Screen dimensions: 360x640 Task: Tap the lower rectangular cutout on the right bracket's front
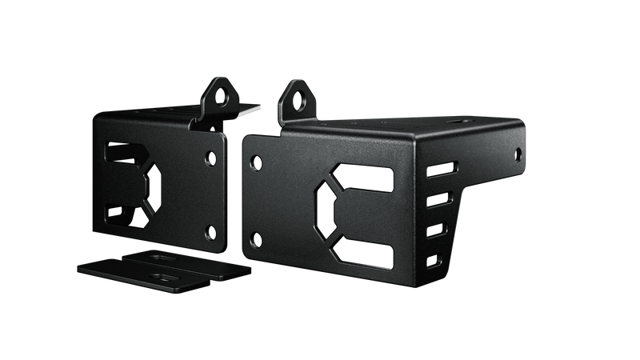click(364, 255)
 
